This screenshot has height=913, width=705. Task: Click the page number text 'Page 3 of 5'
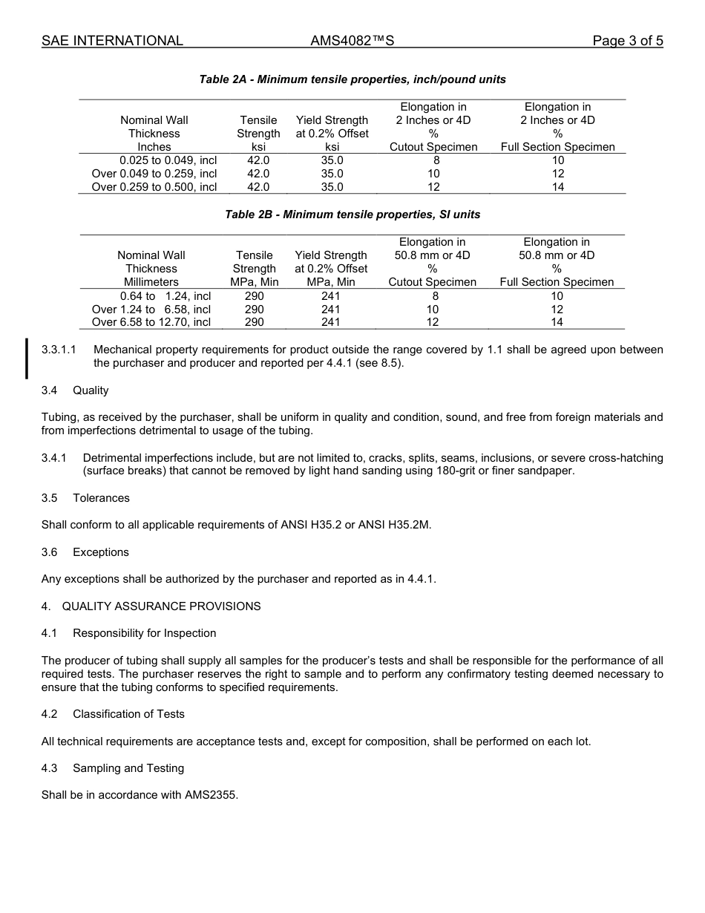pyautogui.click(x=627, y=41)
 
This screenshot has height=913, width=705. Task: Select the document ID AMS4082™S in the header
pyautogui.click(x=352, y=41)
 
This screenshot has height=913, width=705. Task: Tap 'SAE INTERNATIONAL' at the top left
pyautogui.click(x=112, y=41)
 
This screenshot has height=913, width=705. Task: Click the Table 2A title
pyautogui.click(x=352, y=79)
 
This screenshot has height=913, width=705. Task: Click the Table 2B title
pyautogui.click(x=352, y=215)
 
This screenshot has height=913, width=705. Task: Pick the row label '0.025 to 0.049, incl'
pyautogui.click(x=168, y=160)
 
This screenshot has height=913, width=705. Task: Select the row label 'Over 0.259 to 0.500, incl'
pyautogui.click(x=154, y=187)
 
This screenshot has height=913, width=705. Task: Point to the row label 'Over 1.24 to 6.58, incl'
pyautogui.click(x=151, y=309)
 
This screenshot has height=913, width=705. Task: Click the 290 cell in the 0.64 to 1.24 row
pyautogui.click(x=254, y=295)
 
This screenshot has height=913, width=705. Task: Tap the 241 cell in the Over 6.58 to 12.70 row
pyautogui.click(x=330, y=322)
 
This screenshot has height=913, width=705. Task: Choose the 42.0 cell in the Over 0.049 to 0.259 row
pyautogui.click(x=258, y=174)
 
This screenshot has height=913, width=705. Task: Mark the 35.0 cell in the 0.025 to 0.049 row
pyautogui.click(x=332, y=160)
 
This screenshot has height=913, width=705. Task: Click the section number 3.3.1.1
pyautogui.click(x=59, y=350)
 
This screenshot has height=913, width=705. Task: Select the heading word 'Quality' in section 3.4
pyautogui.click(x=91, y=390)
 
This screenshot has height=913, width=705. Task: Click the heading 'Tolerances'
pyautogui.click(x=101, y=498)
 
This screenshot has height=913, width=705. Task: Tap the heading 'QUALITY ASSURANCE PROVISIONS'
pyautogui.click(x=161, y=606)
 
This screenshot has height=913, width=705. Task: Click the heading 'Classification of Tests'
pyautogui.click(x=128, y=714)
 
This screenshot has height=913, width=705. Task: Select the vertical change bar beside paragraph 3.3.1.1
pyautogui.click(x=27, y=358)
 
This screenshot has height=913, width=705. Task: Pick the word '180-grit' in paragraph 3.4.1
pyautogui.click(x=447, y=471)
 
